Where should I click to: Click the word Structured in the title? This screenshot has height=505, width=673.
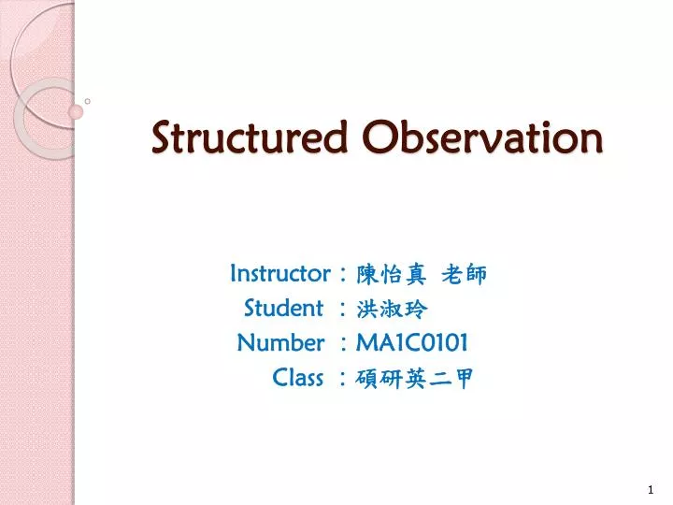click(252, 137)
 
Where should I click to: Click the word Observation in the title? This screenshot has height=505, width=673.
click(482, 137)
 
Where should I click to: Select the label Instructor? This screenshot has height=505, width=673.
click(279, 273)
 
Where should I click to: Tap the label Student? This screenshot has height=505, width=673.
click(283, 308)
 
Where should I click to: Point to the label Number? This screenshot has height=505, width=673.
click(280, 342)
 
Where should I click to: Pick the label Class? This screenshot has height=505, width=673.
click(297, 377)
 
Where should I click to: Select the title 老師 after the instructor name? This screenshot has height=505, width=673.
click(464, 274)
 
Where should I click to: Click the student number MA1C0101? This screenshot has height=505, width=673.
click(412, 342)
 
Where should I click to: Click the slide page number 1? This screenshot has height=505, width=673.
click(651, 490)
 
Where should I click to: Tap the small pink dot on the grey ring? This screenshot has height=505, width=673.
click(76, 111)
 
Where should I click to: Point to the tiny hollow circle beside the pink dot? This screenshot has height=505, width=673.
click(87, 100)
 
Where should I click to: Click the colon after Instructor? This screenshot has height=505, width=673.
click(345, 275)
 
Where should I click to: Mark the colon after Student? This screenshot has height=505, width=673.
click(345, 310)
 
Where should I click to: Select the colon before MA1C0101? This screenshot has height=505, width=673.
click(345, 344)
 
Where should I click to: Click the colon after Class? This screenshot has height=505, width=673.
click(345, 379)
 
